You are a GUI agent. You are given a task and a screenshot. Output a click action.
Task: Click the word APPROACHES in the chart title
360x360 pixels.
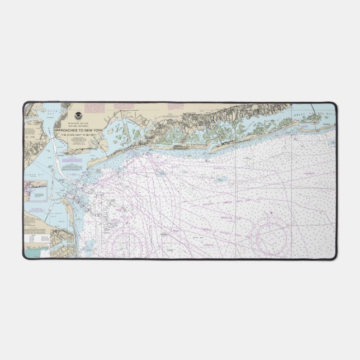click(66, 130)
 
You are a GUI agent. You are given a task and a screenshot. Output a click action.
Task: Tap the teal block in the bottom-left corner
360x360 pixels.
click(35, 253)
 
